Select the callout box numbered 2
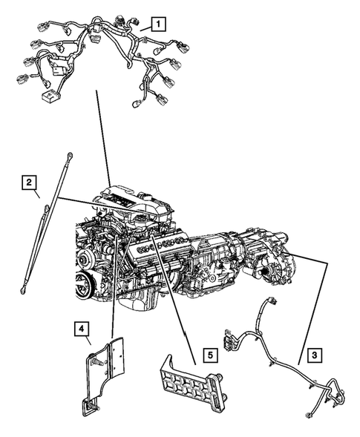(x=27, y=182)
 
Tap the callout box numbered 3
(x=315, y=356)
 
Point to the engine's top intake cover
(x=130, y=201)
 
